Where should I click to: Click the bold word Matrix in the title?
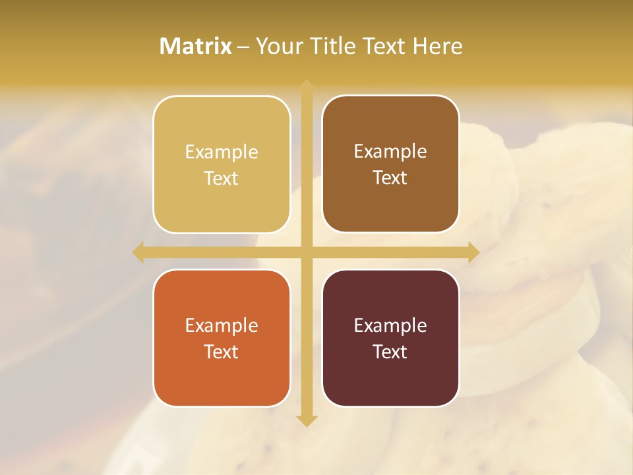[196, 46]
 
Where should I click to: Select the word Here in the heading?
[438, 46]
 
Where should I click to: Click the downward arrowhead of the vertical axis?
[307, 420]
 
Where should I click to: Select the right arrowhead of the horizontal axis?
[473, 253]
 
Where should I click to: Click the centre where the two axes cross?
[307, 253]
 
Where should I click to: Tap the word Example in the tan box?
[222, 152]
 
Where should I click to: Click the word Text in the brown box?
[390, 178]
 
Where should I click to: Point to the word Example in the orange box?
[222, 326]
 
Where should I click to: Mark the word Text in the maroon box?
[390, 352]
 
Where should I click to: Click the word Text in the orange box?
[222, 352]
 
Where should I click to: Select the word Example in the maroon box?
[390, 326]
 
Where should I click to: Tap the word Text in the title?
[385, 46]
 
